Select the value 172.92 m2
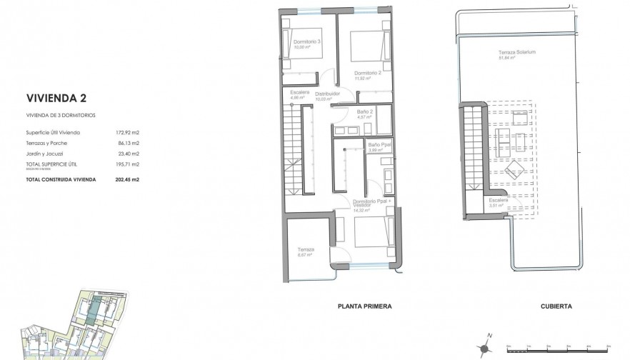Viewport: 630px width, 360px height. click(129, 133)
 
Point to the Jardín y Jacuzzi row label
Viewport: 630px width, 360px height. click(44, 154)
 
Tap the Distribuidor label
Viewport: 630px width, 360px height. click(327, 94)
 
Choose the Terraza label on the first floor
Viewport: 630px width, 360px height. click(306, 250)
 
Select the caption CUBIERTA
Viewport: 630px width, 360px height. click(556, 306)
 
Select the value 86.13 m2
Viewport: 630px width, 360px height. click(129, 144)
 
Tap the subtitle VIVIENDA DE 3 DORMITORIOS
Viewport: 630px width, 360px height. click(61, 115)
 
